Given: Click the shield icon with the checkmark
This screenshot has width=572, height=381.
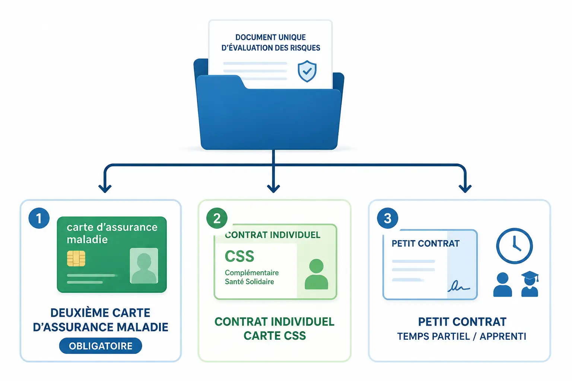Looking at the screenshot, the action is [x=307, y=71].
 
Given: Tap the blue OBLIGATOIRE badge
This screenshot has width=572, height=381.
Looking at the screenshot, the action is [x=101, y=346].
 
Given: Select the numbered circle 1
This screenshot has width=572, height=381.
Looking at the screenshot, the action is [x=39, y=218].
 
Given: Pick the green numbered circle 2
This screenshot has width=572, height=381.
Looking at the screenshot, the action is [x=217, y=218].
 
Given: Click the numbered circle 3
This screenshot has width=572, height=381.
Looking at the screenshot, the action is [x=387, y=218].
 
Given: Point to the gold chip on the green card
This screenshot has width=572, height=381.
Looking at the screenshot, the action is [x=76, y=259].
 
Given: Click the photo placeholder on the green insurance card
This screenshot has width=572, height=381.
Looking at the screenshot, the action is [x=144, y=266].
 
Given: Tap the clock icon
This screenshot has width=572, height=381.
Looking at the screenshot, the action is [x=514, y=246].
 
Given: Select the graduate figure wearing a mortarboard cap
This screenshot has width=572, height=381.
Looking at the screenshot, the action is [x=530, y=284].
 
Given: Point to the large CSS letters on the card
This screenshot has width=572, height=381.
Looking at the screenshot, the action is [x=239, y=256].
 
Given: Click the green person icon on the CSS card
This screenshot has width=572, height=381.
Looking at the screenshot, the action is [x=317, y=274].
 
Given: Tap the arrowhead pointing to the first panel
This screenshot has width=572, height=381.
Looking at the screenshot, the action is [x=105, y=189].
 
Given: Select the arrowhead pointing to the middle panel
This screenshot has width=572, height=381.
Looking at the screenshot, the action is [x=273, y=189].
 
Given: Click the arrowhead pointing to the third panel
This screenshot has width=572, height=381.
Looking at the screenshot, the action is [x=465, y=189].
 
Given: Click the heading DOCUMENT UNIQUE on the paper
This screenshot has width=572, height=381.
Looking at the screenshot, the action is [x=270, y=37].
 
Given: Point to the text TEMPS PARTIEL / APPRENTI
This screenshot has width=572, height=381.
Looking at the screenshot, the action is [x=462, y=336].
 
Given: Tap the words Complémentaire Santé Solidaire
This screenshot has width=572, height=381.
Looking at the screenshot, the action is [x=252, y=277].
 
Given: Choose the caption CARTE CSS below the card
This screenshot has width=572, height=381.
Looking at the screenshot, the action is [x=275, y=336].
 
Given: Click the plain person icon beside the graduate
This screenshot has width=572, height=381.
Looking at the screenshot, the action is [x=502, y=285].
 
